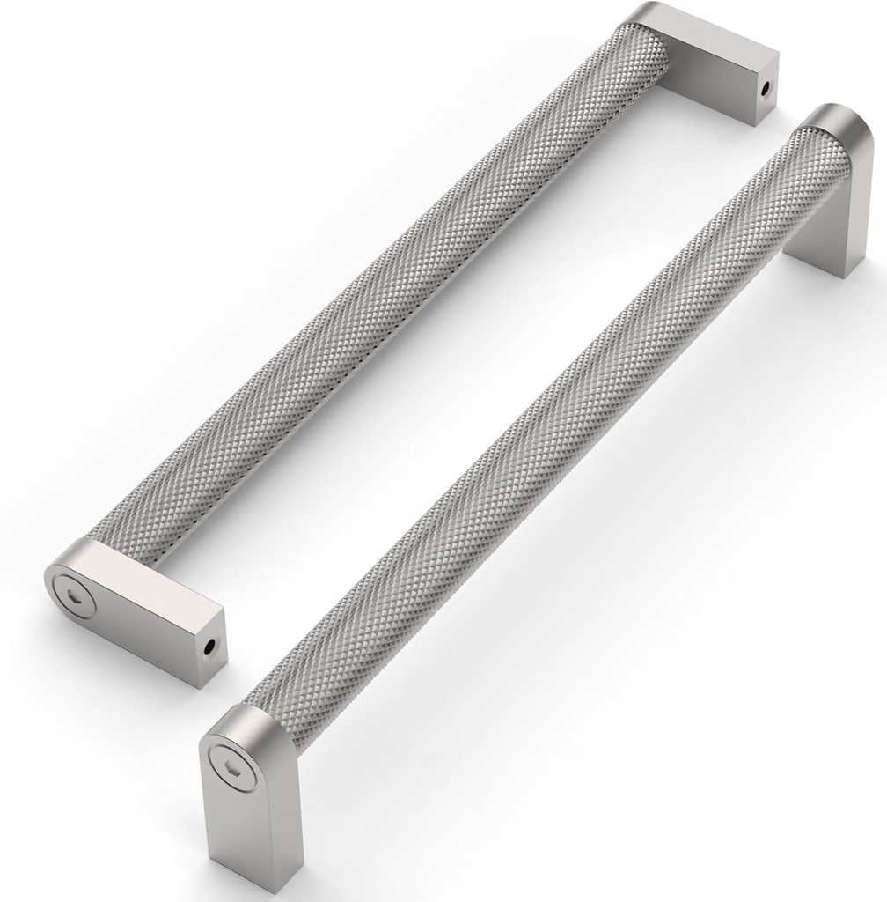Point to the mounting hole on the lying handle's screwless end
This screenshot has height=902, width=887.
[765, 90]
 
